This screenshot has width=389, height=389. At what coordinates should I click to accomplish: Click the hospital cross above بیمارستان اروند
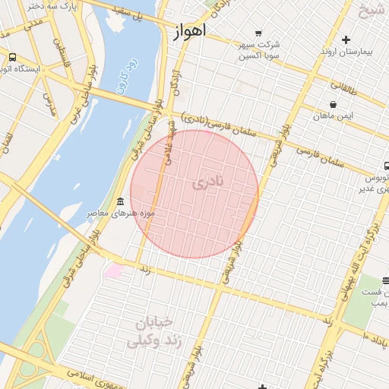coord(346,40)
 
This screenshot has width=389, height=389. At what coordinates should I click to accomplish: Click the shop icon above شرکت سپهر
coord(258,33)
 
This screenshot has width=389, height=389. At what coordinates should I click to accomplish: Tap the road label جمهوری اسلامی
coord(99,378)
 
